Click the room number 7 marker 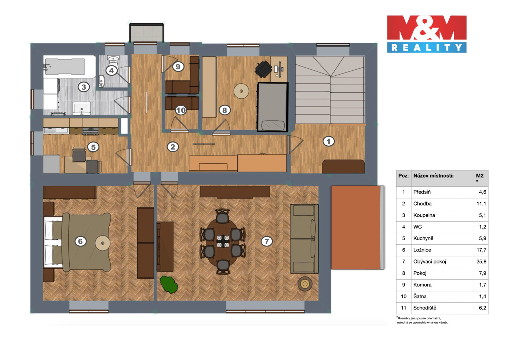[267, 241]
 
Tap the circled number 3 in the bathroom [84, 87]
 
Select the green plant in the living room [169, 285]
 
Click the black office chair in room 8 [263, 69]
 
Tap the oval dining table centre [223, 242]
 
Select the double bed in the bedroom [77, 242]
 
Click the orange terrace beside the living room [356, 227]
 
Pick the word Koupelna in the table [424, 215]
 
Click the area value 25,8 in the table [481, 262]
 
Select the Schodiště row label [425, 308]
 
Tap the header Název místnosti [433, 176]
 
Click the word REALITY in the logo [427, 47]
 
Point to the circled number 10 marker [181, 110]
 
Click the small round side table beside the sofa [305, 284]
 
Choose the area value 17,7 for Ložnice [481, 250]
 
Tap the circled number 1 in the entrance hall [328, 141]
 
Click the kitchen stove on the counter [90, 131]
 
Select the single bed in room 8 [273, 107]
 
